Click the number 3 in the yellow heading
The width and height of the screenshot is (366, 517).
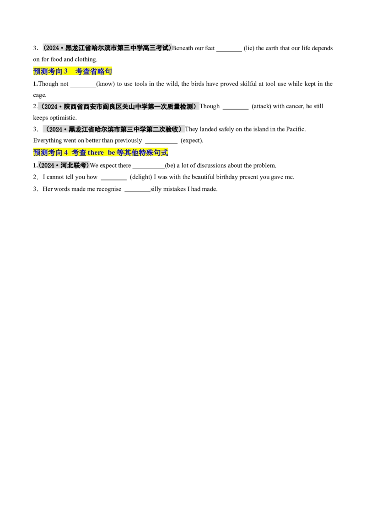point(65,72)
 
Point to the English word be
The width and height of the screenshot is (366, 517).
point(111,153)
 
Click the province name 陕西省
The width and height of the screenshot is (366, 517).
point(73,107)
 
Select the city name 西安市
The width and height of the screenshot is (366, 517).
point(92,107)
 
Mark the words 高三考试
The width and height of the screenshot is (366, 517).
point(156,47)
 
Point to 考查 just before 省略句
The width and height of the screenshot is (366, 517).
point(81,72)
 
